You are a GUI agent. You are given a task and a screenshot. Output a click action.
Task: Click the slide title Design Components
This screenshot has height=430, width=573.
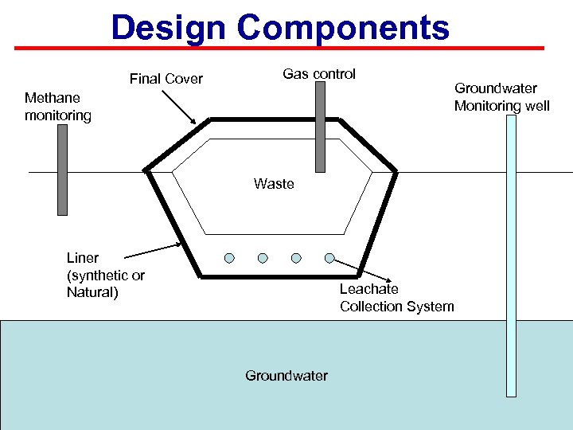click(280, 27)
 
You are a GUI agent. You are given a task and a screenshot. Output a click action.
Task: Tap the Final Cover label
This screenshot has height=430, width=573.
click(166, 79)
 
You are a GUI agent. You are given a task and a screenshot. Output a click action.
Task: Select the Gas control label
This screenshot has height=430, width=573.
click(319, 74)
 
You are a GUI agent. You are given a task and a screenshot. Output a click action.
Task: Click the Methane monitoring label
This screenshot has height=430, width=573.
click(58, 107)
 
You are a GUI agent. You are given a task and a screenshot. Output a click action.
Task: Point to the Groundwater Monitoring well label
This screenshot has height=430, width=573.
click(501, 97)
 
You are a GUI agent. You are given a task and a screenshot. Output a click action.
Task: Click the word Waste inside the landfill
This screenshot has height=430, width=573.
click(274, 184)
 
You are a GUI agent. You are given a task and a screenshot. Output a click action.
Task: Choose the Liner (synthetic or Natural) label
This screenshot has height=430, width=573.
click(106, 276)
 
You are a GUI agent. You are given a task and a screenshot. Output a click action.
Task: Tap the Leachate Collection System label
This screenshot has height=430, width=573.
click(396, 298)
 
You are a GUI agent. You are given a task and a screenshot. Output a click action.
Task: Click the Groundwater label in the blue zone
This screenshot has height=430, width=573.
click(286, 376)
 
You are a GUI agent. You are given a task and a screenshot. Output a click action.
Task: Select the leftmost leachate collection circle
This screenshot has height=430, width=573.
click(229, 258)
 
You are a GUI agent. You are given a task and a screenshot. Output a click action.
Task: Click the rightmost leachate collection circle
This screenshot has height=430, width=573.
click(329, 258)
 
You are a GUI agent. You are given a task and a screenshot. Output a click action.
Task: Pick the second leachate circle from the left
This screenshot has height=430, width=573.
click(263, 258)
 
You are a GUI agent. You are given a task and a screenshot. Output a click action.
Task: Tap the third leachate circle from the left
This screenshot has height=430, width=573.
click(296, 258)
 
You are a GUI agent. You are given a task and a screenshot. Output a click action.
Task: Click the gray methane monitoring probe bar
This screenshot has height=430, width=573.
click(62, 170)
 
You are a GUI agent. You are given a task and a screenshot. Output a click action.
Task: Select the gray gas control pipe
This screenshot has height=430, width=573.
click(320, 127)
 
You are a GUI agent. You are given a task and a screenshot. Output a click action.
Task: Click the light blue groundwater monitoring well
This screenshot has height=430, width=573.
click(511, 255)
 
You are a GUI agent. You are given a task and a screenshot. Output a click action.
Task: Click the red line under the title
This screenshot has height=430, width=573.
click(286, 48)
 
